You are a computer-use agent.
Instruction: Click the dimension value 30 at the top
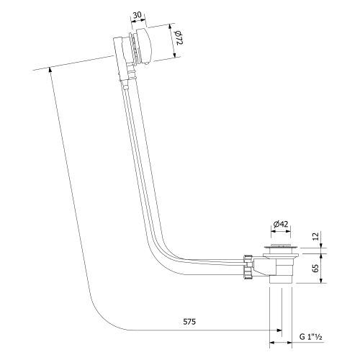click(139, 15)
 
